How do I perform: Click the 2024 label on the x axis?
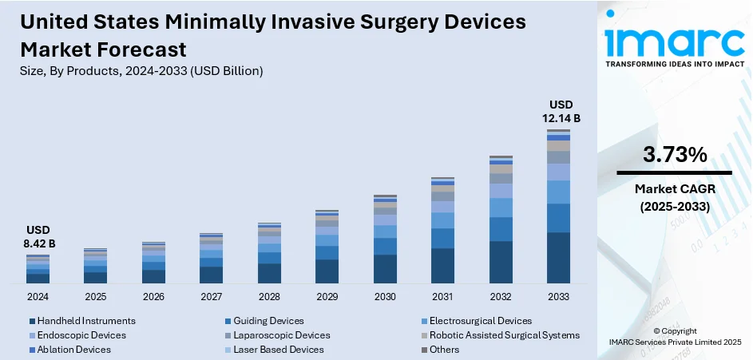tap(38, 296)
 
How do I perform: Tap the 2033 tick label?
tap(558, 296)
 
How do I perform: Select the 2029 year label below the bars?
tap(327, 296)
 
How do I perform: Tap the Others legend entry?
tap(444, 350)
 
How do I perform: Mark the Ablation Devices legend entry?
tap(74, 350)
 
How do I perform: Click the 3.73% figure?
tap(674, 155)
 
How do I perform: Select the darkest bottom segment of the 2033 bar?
tap(558, 258)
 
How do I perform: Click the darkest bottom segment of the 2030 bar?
tap(385, 269)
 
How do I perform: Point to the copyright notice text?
tap(674, 336)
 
